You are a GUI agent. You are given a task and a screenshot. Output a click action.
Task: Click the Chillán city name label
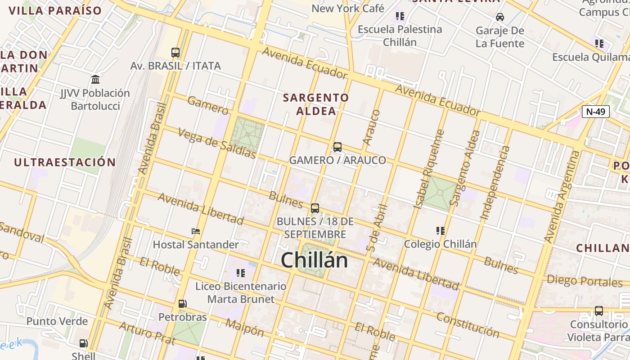point(314,261)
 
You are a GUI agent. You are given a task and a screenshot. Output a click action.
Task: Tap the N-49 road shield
point(595,112)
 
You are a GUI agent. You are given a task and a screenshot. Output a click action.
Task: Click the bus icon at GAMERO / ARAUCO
point(337,147)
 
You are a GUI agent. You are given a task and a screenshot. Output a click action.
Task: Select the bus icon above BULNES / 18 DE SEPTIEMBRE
point(315,208)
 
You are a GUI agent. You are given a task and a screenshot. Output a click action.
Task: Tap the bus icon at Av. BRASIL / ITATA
point(175,53)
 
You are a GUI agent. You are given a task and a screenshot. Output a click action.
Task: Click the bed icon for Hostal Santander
point(196,231)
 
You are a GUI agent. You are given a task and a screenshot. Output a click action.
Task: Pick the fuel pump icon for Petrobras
point(182,304)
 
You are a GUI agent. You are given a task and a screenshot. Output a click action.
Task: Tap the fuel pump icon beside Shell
point(83,343)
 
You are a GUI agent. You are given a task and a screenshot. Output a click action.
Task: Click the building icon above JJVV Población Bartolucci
point(95,80)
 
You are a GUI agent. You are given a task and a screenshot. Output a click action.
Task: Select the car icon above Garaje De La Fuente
point(499,17)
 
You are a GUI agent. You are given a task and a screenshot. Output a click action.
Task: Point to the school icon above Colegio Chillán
point(440,231)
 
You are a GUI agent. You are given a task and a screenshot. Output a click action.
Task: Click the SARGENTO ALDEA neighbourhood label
point(316,104)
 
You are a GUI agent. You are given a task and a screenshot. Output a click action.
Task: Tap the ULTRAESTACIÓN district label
point(65,162)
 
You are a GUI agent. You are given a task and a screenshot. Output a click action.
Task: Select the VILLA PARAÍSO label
point(55,11)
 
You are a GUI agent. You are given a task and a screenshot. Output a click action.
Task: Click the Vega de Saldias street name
point(217,144)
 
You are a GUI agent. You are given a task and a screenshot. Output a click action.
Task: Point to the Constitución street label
point(468,325)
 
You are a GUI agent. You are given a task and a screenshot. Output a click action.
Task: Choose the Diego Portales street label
point(585,281)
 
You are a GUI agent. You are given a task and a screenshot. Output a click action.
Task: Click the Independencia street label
point(495,183)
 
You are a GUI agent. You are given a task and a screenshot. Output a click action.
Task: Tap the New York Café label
point(348,8)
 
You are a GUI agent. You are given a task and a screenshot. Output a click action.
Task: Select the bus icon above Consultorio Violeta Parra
point(598,310)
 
